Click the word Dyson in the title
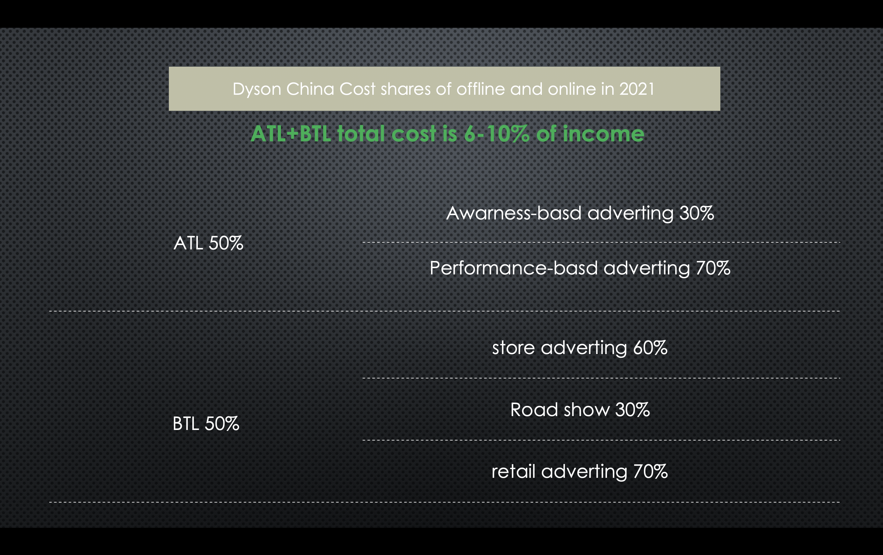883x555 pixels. pyautogui.click(x=257, y=90)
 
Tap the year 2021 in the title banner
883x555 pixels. pyautogui.click(x=637, y=89)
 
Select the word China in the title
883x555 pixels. pyautogui.click(x=310, y=89)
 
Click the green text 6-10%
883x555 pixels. pyautogui.click(x=496, y=133)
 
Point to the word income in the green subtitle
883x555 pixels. pyautogui.click(x=603, y=133)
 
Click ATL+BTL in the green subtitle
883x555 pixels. pyautogui.click(x=291, y=133)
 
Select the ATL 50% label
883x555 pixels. pyautogui.click(x=208, y=243)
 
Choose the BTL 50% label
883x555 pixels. pyautogui.click(x=206, y=424)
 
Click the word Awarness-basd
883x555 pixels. pyautogui.click(x=513, y=213)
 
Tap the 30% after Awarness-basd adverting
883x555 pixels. pyautogui.click(x=696, y=213)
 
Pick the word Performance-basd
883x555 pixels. pyautogui.click(x=513, y=268)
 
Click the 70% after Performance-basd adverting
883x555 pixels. pyautogui.click(x=713, y=268)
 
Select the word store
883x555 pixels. pyautogui.click(x=513, y=348)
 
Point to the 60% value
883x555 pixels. pyautogui.click(x=650, y=348)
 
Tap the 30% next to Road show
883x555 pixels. pyautogui.click(x=633, y=410)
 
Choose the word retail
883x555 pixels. pyautogui.click(x=513, y=471)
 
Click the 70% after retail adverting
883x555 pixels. pyautogui.click(x=651, y=471)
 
